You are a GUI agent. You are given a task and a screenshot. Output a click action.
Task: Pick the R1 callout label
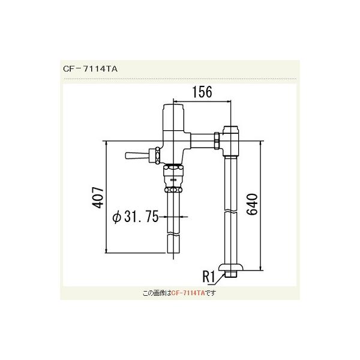coord(208,277)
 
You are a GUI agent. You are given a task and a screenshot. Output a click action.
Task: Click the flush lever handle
coord(136,157)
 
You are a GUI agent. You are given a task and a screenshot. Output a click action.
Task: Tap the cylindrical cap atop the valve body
coord(174,113)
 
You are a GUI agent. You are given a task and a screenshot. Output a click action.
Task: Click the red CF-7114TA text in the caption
coord(188,293)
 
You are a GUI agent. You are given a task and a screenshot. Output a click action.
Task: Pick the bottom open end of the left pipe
coord(173,252)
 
